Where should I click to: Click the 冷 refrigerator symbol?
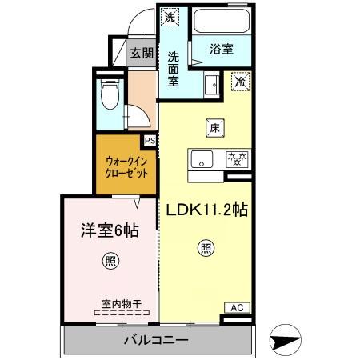(239, 79)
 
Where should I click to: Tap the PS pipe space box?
(150, 141)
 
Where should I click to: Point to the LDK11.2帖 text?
(206, 210)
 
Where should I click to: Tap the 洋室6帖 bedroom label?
(109, 230)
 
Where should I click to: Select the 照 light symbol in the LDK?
(205, 249)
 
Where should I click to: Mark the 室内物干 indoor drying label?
(121, 304)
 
